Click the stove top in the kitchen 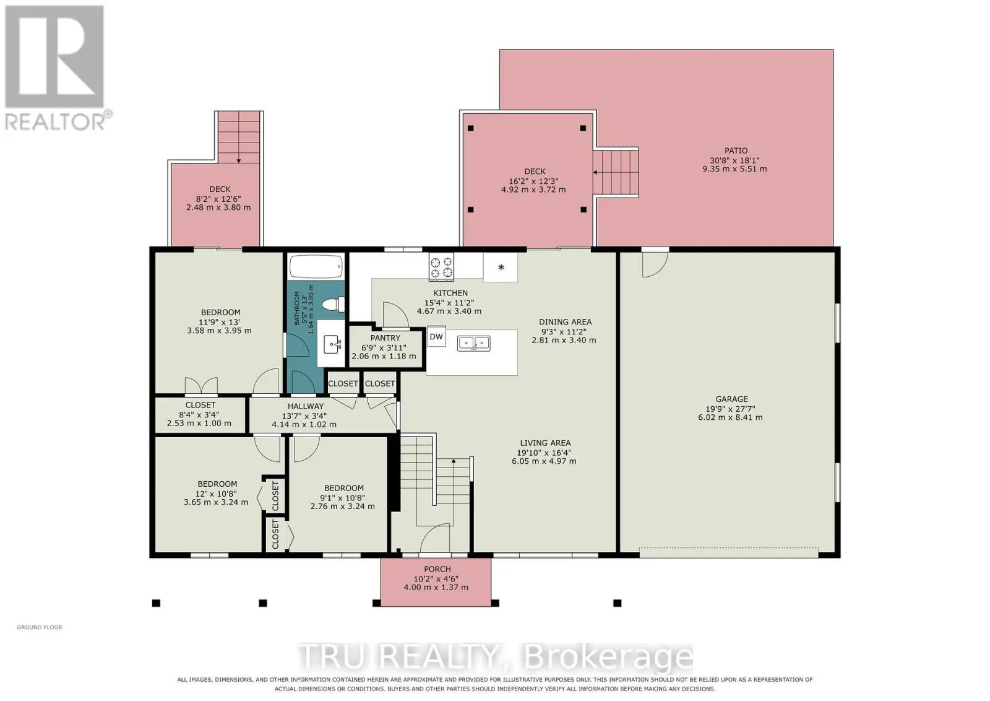pyautogui.click(x=441, y=267)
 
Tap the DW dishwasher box pyautogui.click(x=436, y=337)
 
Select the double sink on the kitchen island pyautogui.click(x=473, y=343)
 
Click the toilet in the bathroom pyautogui.click(x=333, y=304)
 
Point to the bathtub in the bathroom pyautogui.click(x=316, y=266)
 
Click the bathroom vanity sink pyautogui.click(x=332, y=344)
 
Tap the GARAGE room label pyautogui.click(x=731, y=399)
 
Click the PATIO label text pyautogui.click(x=736, y=150)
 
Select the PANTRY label pyautogui.click(x=385, y=338)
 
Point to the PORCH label pyautogui.click(x=437, y=569)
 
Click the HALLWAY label pyautogui.click(x=306, y=406)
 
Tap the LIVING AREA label pyautogui.click(x=545, y=443)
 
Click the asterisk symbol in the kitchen pyautogui.click(x=501, y=267)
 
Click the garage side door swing pyautogui.click(x=654, y=264)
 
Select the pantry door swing pyautogui.click(x=395, y=315)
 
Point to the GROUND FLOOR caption pyautogui.click(x=40, y=627)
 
